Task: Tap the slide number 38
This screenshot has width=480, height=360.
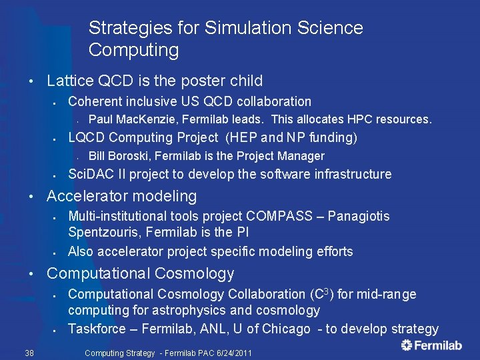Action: coord(29,353)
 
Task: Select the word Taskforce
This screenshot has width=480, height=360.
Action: coord(97,329)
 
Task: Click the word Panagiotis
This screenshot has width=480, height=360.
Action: coord(358,216)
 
